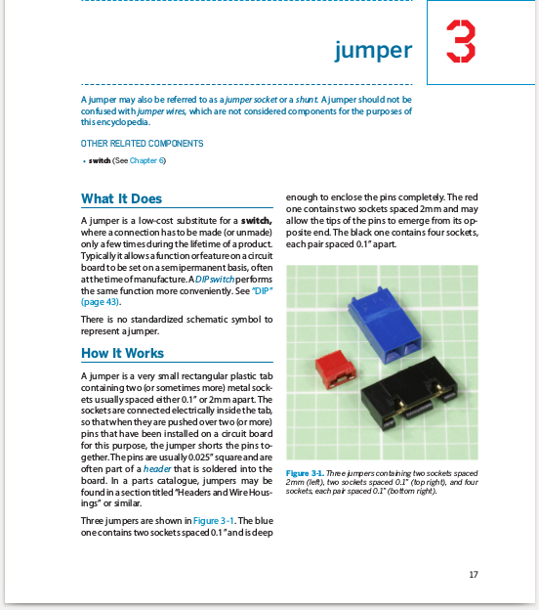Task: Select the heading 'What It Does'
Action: click(121, 199)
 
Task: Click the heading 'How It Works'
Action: click(122, 353)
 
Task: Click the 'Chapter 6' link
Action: click(147, 160)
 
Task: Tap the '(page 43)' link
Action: click(101, 302)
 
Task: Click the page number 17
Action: click(473, 574)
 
